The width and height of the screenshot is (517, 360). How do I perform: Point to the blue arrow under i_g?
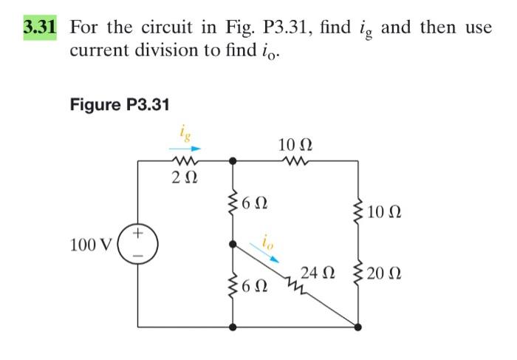click(183, 146)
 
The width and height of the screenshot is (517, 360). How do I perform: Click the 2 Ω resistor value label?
click(184, 177)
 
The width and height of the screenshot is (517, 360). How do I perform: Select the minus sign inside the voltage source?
click(137, 256)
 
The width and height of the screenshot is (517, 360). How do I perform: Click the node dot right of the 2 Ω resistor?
click(233, 160)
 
